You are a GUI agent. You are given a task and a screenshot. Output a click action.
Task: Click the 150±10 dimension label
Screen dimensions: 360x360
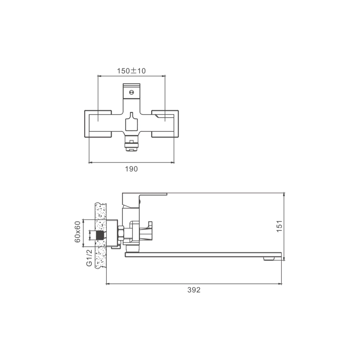[131, 71]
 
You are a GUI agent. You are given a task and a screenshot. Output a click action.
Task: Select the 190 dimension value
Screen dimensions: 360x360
[131, 169]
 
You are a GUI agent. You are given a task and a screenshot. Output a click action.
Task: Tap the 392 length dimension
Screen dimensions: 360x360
[194, 290]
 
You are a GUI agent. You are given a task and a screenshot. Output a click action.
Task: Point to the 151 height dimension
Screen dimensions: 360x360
[279, 226]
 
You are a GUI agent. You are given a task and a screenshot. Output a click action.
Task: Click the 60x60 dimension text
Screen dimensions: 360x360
[77, 232]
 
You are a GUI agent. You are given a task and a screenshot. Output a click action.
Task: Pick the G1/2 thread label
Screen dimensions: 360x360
[89, 258]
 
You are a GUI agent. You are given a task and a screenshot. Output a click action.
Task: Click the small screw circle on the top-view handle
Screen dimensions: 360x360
[131, 92]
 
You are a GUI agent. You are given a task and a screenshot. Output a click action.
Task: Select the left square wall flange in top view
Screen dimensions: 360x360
[98, 124]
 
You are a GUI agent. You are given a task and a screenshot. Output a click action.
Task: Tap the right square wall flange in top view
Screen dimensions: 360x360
[165, 124]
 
